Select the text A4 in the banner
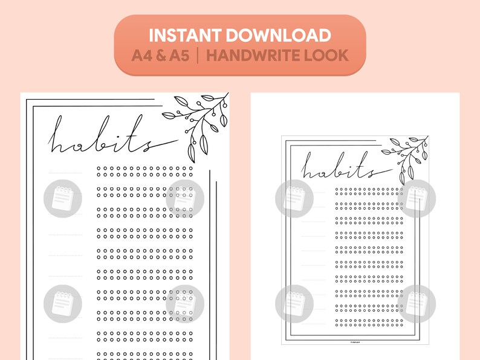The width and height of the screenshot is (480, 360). pyautogui.click(x=143, y=56)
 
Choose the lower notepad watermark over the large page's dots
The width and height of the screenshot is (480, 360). pyautogui.click(x=185, y=303)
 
